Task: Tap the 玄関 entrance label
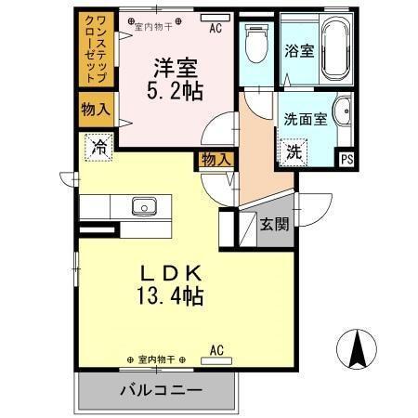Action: coord(273,223)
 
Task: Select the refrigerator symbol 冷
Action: coord(98,146)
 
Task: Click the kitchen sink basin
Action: coord(144,205)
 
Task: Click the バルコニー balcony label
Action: coord(160,389)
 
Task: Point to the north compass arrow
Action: coord(357,349)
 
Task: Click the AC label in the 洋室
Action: coord(216,28)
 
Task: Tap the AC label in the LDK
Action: coord(216,349)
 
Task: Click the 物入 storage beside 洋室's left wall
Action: coord(96,109)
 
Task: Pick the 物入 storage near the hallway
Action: coord(216,160)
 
